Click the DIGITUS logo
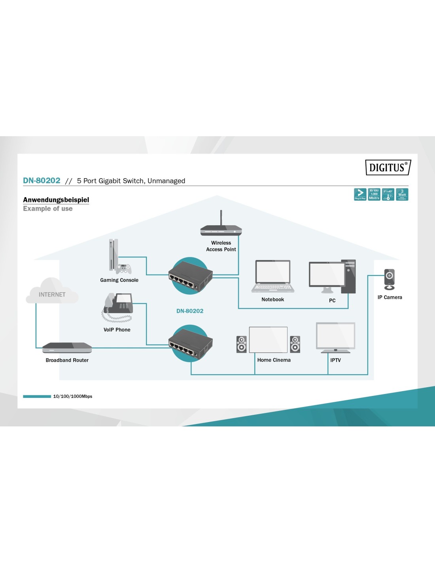[x=388, y=167]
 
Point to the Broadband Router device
[x=67, y=348]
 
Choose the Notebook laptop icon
[x=273, y=276]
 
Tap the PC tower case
[x=348, y=276]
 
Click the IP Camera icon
[x=390, y=279]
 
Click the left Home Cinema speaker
[x=241, y=344]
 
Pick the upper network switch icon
[x=191, y=276]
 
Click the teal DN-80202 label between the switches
[x=190, y=311]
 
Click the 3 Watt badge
[x=402, y=194]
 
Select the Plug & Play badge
[x=360, y=194]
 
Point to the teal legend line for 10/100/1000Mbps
[x=37, y=396]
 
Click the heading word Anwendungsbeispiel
[x=56, y=200]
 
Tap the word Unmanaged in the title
[x=166, y=181]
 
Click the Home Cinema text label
[x=274, y=360]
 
